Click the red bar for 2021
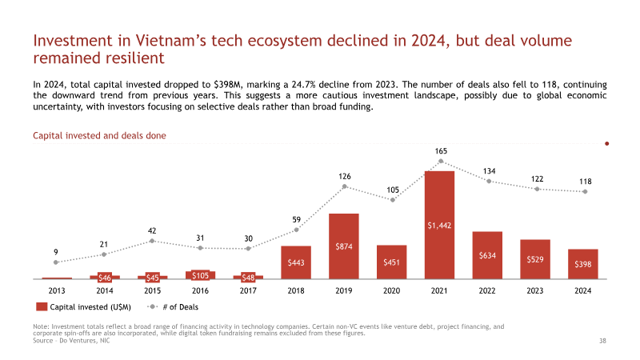click(x=439, y=225)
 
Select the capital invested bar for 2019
click(x=344, y=246)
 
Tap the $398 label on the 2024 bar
click(x=583, y=264)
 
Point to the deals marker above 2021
click(x=441, y=162)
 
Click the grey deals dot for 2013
click(x=56, y=262)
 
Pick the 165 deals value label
click(x=441, y=151)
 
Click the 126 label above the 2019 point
click(x=345, y=176)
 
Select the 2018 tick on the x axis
click(x=296, y=290)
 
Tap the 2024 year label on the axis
click(x=583, y=290)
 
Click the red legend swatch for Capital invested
click(x=42, y=307)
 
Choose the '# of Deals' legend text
click(x=181, y=307)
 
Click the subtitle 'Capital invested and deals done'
click(x=99, y=135)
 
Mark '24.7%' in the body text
click(x=303, y=85)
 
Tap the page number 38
click(x=602, y=341)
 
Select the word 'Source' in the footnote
click(x=43, y=341)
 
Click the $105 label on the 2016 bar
click(x=201, y=275)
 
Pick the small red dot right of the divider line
click(x=607, y=144)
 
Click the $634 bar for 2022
click(x=487, y=255)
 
